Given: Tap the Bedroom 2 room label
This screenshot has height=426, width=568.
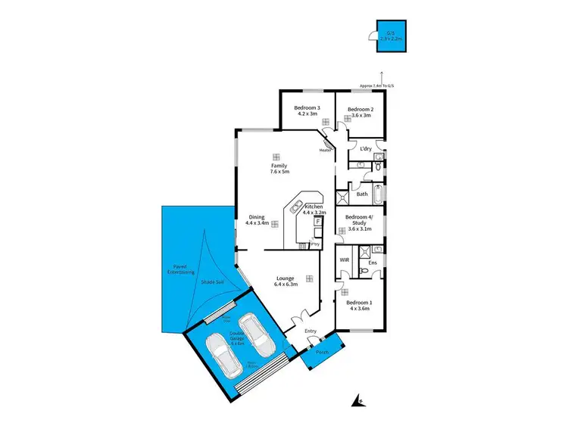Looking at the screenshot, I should (x=360, y=110).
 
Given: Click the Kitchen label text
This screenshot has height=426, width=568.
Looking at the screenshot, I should (x=314, y=207).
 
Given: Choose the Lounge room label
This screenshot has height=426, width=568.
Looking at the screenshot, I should (x=289, y=278).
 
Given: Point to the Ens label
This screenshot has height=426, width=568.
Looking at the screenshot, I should (x=372, y=263).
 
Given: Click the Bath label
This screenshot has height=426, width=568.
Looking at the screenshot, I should (x=362, y=194).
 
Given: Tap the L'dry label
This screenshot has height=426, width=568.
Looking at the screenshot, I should (x=366, y=148).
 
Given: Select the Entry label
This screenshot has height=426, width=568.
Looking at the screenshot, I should (x=311, y=331).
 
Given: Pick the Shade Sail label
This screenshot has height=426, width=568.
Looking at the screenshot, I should (x=211, y=281).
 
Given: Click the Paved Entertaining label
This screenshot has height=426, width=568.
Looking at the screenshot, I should (x=183, y=269).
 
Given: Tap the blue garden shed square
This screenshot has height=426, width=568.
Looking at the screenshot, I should (x=391, y=36).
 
